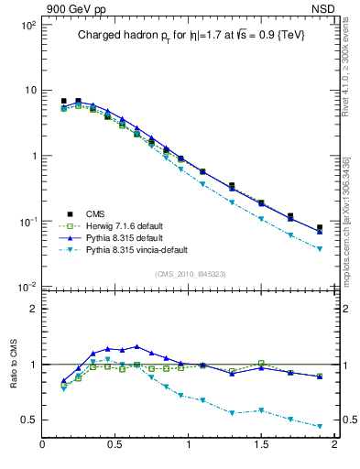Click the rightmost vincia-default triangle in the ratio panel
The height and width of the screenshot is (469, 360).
[320, 426]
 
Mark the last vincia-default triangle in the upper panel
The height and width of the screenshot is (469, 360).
[320, 249]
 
